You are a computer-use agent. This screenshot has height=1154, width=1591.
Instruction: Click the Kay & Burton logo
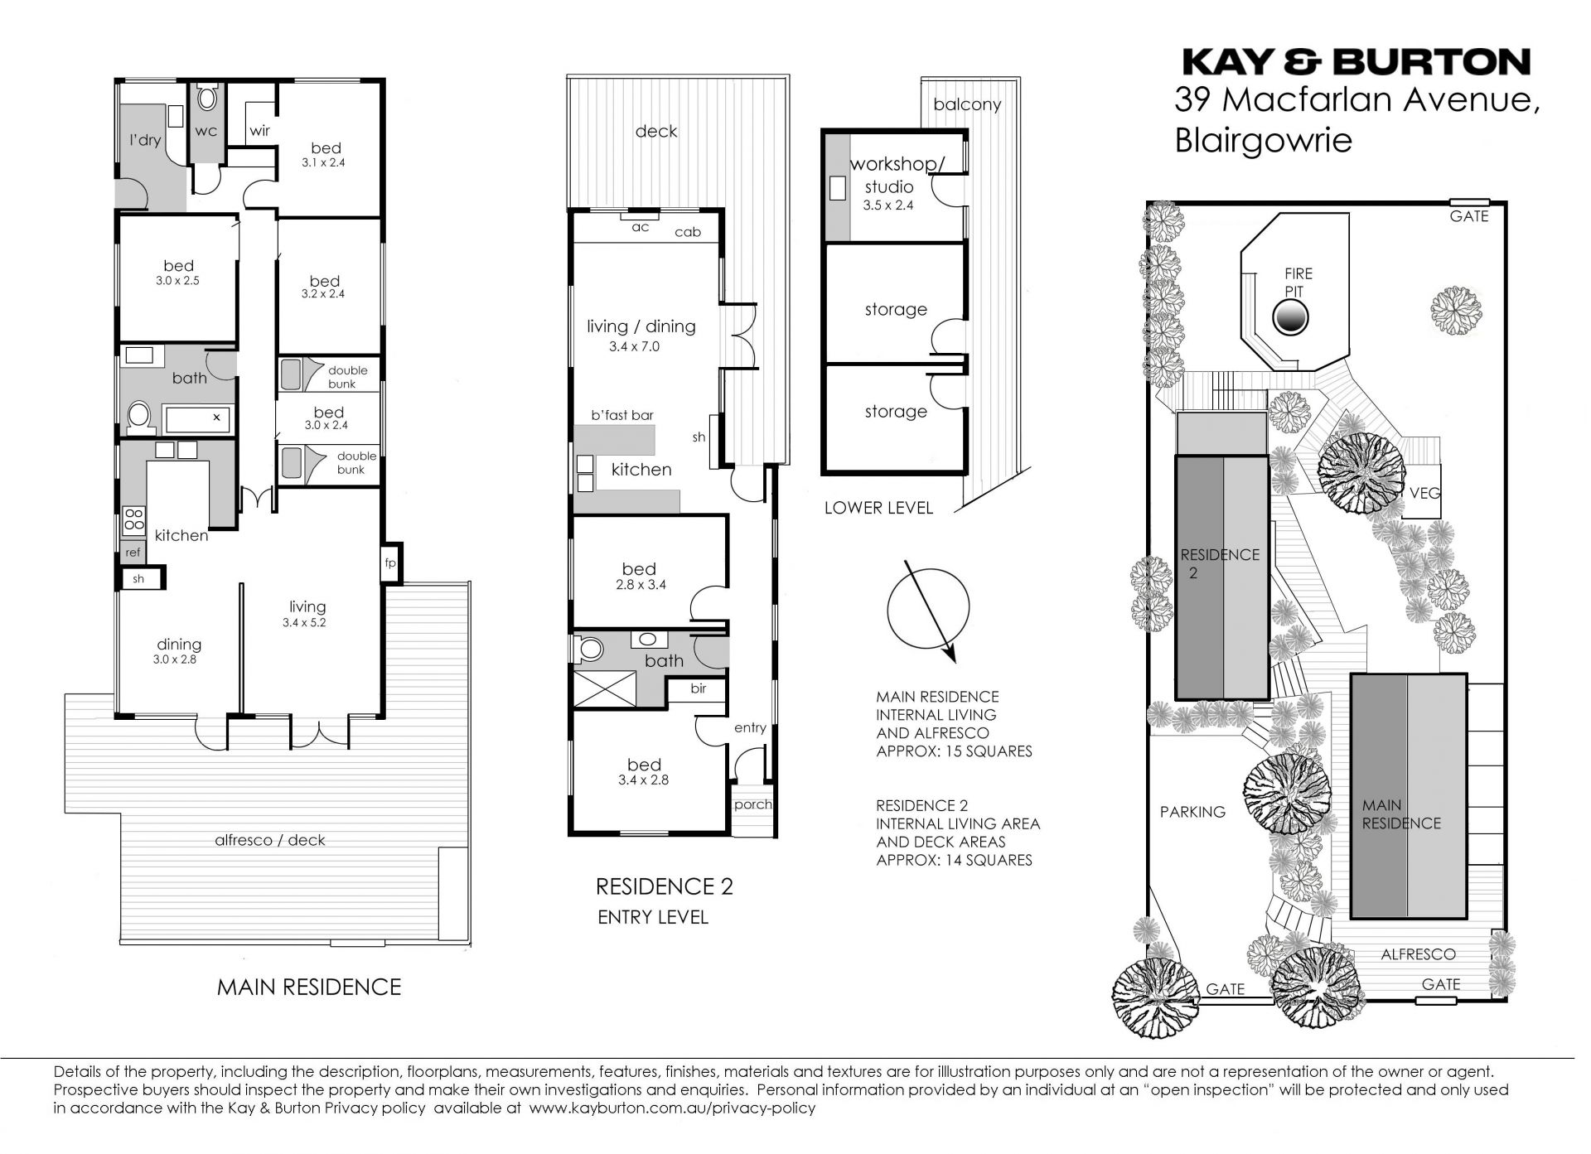point(1356,62)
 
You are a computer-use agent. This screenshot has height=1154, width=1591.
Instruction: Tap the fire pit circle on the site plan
point(1289,317)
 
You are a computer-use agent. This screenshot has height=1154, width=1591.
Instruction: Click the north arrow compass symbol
point(928,611)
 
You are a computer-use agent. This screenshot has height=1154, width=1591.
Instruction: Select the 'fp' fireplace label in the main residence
point(390,563)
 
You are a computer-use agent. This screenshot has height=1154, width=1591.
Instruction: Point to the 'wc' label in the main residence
point(206,131)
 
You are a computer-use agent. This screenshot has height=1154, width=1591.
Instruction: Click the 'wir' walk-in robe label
point(259,131)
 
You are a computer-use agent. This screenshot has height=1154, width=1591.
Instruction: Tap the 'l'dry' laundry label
point(145,140)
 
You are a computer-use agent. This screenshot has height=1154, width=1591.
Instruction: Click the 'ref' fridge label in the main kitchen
point(133,553)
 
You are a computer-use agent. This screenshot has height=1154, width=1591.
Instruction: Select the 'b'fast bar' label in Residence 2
point(622,416)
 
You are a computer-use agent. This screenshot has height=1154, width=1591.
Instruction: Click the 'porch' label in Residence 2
point(752,804)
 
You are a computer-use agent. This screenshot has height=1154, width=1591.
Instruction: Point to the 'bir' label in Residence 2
point(698,688)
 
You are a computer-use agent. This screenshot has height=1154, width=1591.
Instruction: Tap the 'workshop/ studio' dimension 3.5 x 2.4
point(887,205)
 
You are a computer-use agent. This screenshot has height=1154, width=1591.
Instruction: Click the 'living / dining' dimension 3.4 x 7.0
point(634,347)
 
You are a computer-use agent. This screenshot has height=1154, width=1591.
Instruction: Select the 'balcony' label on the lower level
point(967,104)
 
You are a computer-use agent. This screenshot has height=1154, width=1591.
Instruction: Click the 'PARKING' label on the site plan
point(1192,812)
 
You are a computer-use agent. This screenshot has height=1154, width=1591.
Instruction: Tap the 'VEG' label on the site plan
point(1425,493)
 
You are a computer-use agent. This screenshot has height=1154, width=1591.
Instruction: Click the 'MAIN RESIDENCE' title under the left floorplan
point(309,987)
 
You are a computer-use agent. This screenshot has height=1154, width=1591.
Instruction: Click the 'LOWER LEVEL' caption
point(878,508)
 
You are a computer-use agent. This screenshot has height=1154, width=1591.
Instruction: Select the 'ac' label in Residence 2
point(641,227)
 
